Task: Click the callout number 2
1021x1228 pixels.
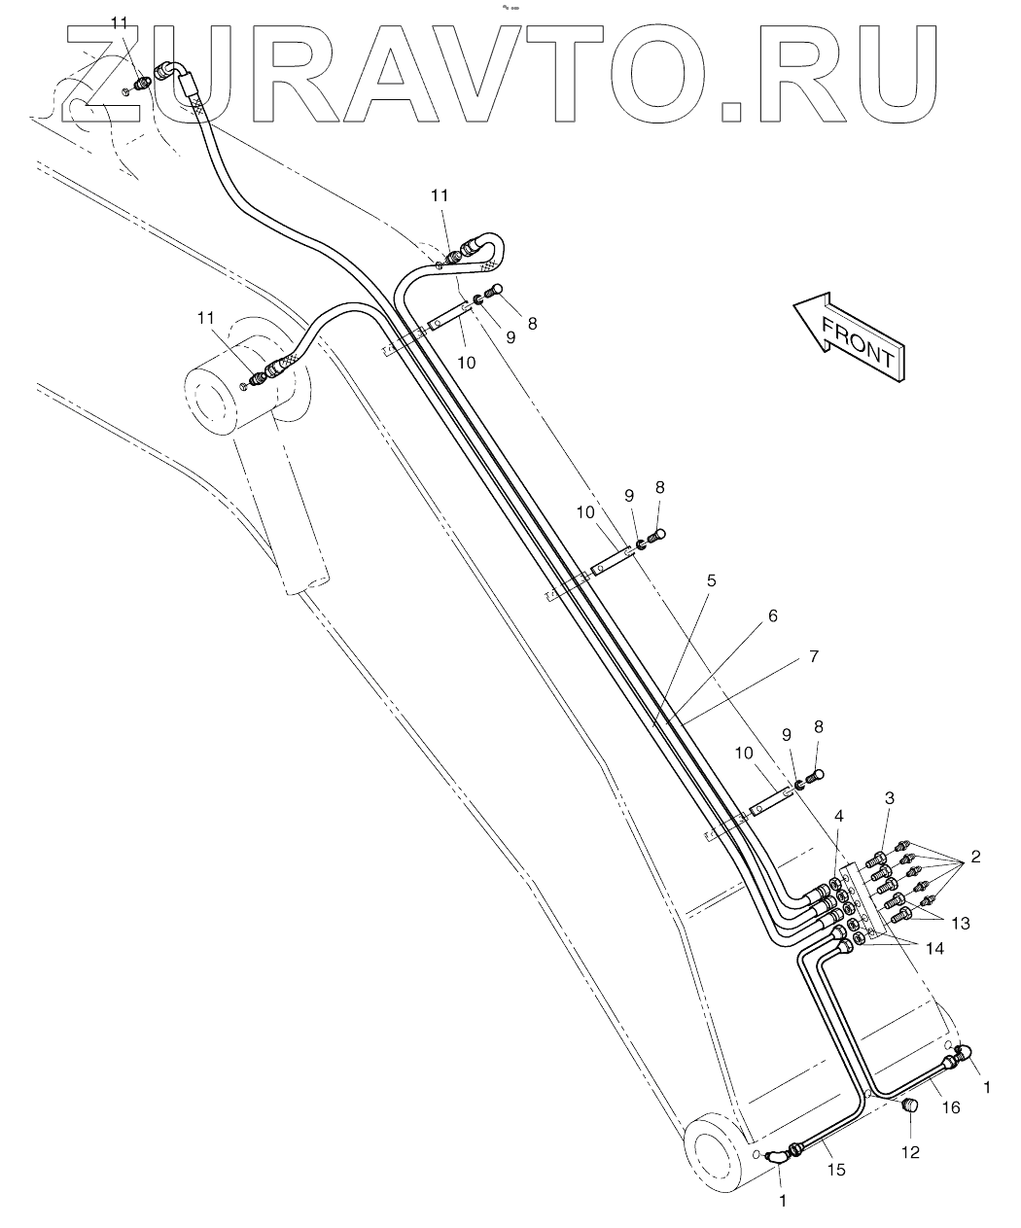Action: (974, 859)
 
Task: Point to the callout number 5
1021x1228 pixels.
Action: (711, 580)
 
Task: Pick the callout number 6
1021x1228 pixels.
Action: (772, 615)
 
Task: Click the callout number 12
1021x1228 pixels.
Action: (909, 1152)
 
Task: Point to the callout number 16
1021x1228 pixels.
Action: (950, 1106)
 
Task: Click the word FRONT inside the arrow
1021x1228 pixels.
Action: (858, 340)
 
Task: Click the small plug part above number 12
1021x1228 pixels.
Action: (910, 1105)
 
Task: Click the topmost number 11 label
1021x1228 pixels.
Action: (119, 22)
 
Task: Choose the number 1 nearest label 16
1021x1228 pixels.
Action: (988, 1088)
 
